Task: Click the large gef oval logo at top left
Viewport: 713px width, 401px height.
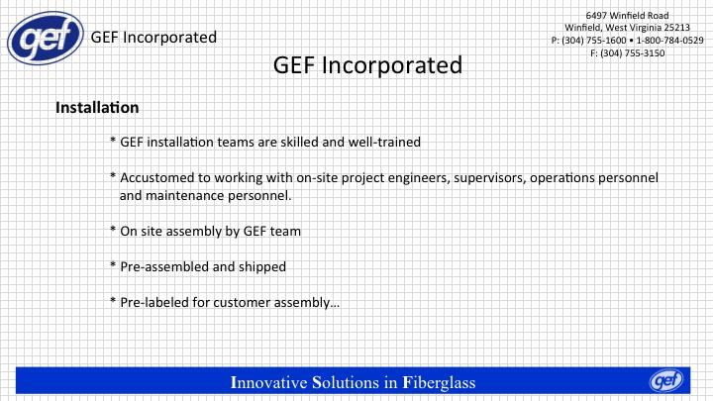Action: coord(46,39)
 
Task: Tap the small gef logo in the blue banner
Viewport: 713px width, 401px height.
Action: coord(666,380)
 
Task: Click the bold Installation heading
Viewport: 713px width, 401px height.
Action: coord(97,108)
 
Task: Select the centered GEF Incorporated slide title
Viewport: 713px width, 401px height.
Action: coord(367,65)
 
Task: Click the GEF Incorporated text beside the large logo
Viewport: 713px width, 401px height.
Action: coord(153,38)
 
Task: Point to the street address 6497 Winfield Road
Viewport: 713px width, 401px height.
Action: coord(627,16)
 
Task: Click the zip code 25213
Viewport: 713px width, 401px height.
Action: coord(677,28)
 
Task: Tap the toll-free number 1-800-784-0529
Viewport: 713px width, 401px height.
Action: coord(669,41)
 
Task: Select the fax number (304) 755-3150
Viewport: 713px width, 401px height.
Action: coord(632,53)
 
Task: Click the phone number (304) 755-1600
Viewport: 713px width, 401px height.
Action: coord(594,41)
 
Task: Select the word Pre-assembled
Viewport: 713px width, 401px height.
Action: coord(164,266)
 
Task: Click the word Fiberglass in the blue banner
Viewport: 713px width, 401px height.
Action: coord(440,382)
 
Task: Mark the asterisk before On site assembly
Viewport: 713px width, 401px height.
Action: coord(113,230)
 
